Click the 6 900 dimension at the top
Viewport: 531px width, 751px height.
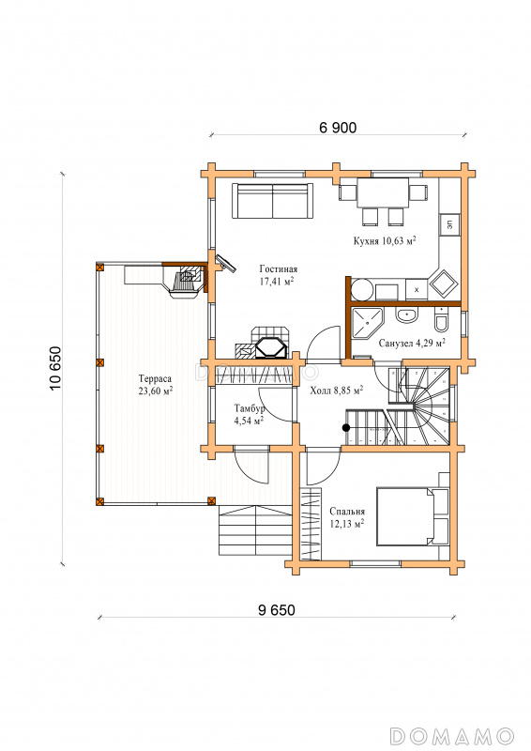(x=338, y=128)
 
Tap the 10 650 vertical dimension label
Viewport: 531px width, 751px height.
(x=56, y=368)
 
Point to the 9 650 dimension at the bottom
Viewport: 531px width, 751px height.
(x=276, y=610)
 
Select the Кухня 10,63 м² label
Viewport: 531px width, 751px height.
(x=385, y=240)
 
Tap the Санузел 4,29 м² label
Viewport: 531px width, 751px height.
(x=412, y=343)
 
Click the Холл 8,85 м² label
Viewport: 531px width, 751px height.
(x=336, y=391)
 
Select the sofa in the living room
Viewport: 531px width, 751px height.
(x=272, y=201)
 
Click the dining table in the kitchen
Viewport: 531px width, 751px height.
(x=383, y=193)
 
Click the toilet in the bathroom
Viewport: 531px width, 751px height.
(x=442, y=320)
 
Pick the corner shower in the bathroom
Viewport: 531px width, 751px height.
(x=368, y=323)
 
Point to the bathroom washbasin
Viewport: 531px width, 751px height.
(x=407, y=315)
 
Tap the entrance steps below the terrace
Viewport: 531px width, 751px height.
(x=256, y=529)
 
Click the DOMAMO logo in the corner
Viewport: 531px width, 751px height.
(x=452, y=735)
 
